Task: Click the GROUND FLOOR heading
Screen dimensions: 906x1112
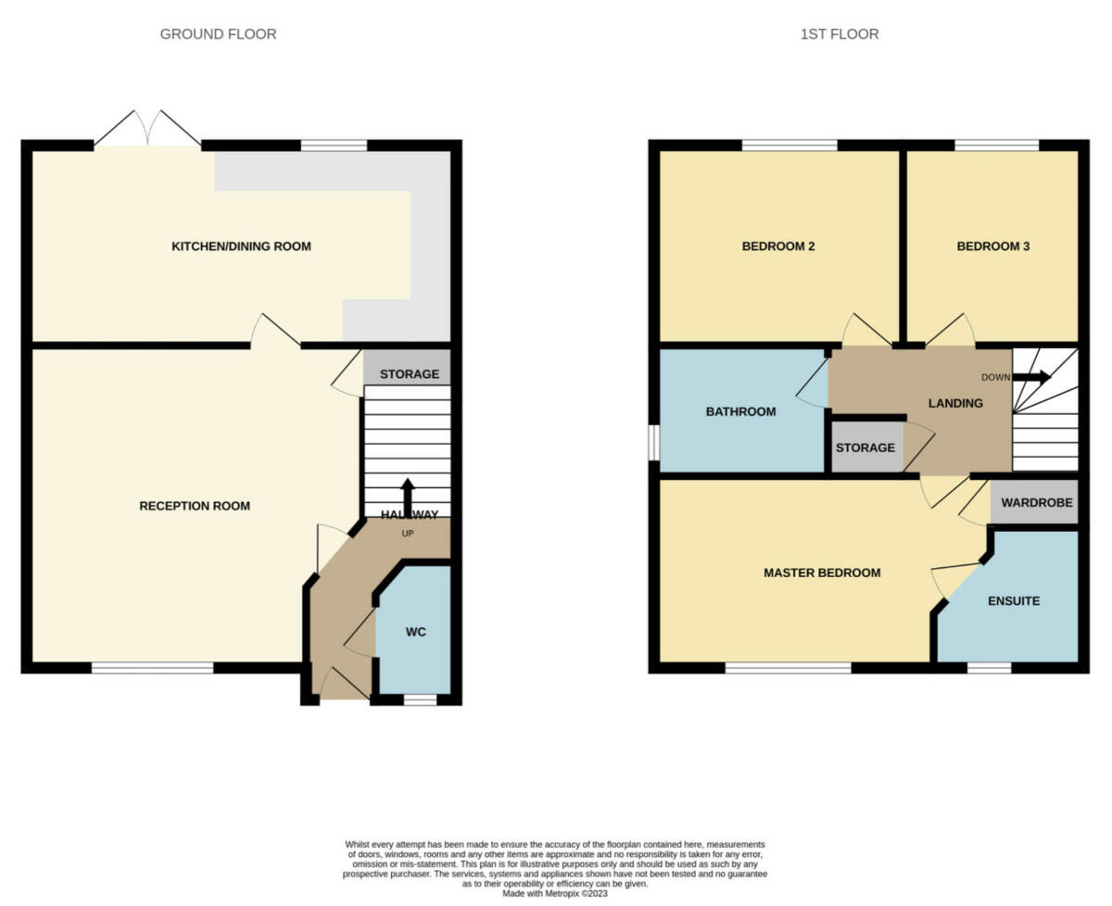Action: coord(218,34)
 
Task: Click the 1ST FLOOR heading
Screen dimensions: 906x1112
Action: coord(840,34)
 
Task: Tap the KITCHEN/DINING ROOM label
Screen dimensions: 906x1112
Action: coord(241,246)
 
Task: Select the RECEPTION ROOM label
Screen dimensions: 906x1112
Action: coord(195,506)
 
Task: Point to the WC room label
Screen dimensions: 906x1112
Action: coord(415,632)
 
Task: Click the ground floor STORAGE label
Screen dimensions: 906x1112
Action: coord(409,374)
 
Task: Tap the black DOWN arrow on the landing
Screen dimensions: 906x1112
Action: coord(1031,377)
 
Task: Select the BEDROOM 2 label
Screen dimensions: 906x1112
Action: coord(777,246)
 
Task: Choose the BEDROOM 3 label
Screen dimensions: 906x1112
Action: coord(992,246)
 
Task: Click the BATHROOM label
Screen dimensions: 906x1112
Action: coord(740,411)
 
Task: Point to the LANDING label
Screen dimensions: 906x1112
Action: coord(955,403)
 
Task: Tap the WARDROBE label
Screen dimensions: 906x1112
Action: coord(1037,503)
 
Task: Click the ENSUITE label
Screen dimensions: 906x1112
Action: coord(1013,600)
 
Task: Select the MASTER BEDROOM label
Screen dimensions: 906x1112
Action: coord(821,573)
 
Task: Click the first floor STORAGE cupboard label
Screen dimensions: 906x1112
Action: coord(866,447)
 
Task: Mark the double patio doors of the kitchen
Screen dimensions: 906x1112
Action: coord(147,131)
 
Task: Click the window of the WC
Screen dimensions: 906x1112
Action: coord(420,699)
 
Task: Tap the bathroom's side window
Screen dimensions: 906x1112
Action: coord(653,442)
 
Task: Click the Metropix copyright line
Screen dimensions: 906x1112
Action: coord(555,894)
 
